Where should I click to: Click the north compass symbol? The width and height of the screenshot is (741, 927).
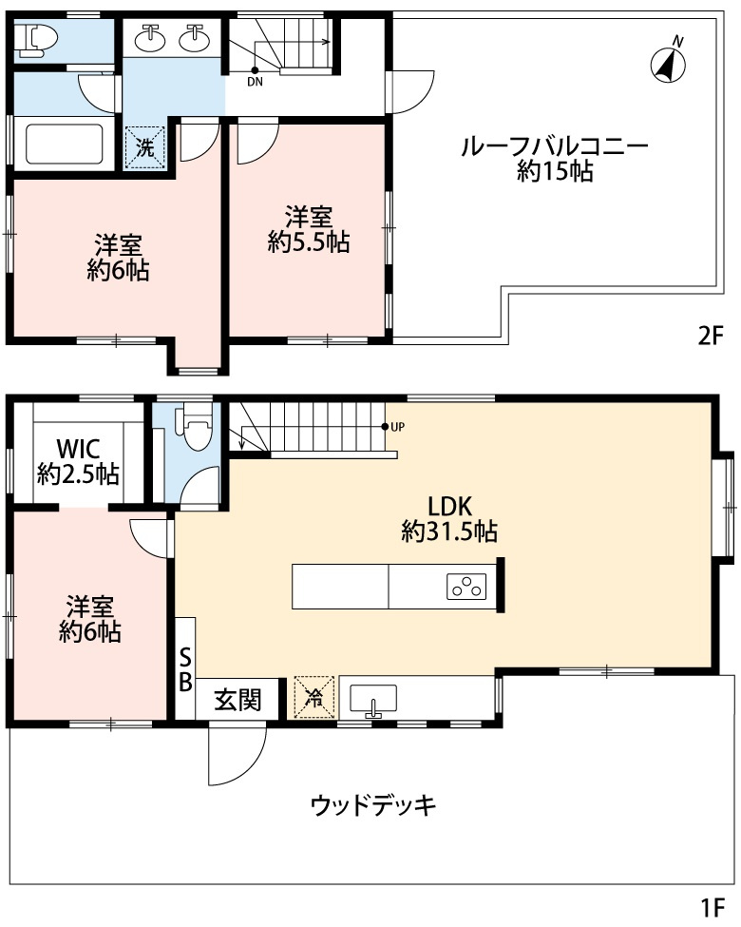pos(668,61)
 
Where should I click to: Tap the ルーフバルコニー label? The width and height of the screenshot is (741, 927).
pos(554,146)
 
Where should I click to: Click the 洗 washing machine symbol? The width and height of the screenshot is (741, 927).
pos(144,147)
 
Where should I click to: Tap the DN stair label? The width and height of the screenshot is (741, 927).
pos(255,82)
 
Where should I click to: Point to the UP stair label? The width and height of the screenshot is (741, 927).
pos(398,426)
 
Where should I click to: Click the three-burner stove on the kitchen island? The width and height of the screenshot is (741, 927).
pos(466,587)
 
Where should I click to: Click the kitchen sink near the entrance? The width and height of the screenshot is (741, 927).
pos(372,701)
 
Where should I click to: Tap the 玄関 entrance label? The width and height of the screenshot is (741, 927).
pos(237,701)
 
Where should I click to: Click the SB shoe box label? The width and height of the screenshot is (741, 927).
pos(185,669)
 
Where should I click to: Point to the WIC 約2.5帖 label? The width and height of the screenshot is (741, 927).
pos(78,462)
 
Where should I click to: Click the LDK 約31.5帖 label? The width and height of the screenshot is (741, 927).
pos(449,519)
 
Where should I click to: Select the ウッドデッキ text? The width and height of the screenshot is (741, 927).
pos(372,804)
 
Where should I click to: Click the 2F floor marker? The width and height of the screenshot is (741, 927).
pos(711,336)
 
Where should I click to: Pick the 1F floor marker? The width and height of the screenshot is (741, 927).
pos(712,906)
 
